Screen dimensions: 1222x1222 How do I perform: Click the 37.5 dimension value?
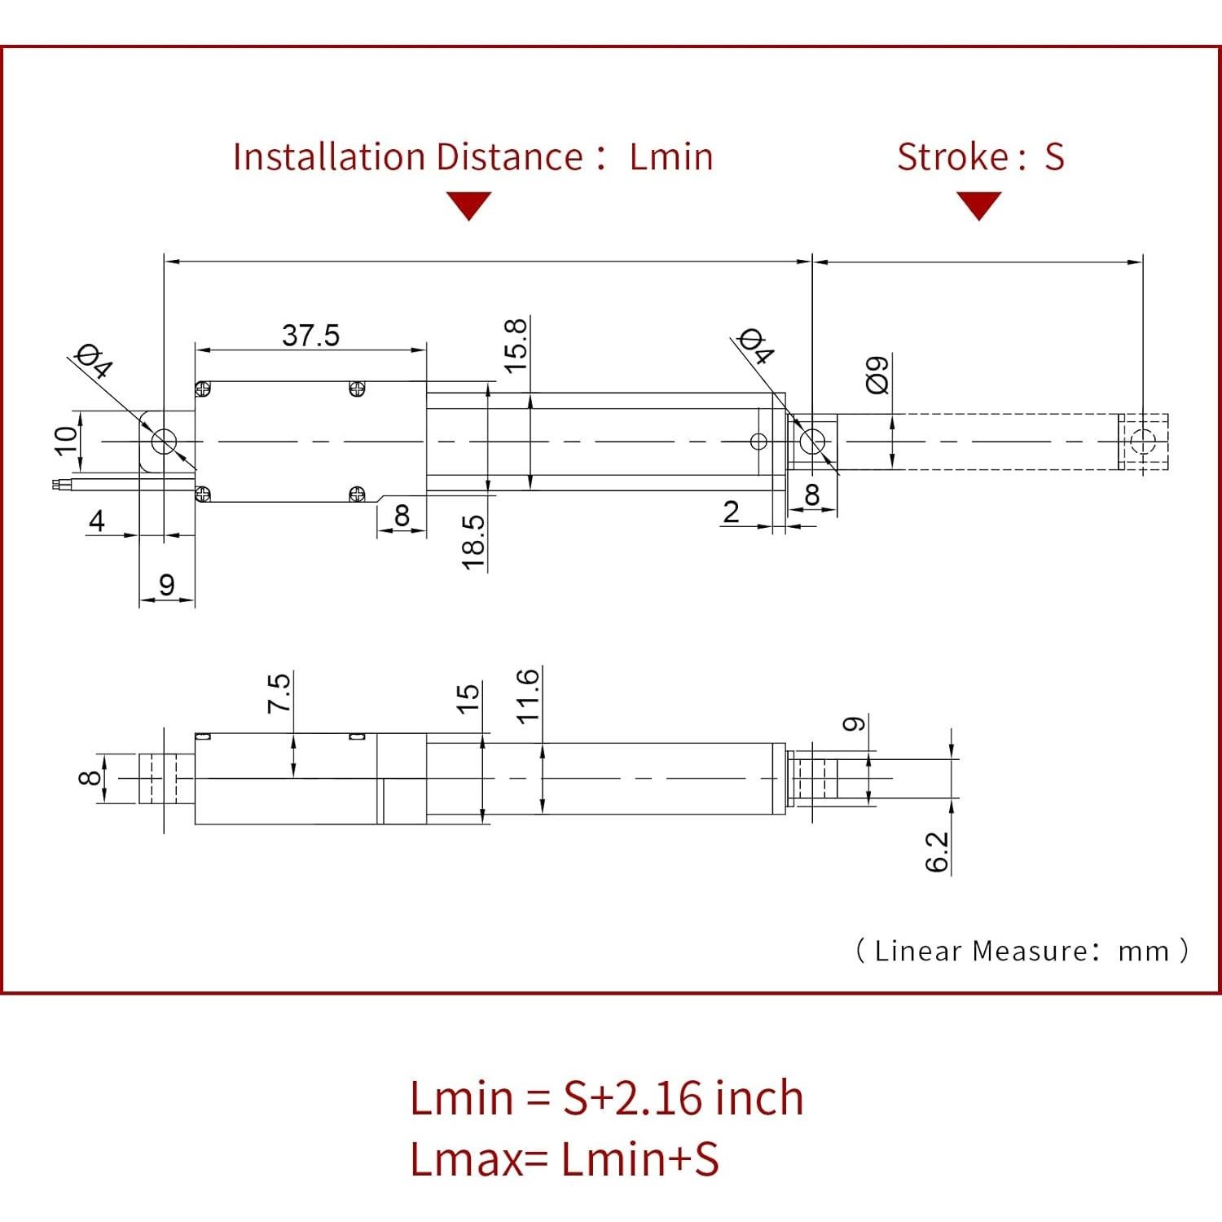click(310, 335)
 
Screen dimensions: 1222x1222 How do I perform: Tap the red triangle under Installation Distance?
click(469, 204)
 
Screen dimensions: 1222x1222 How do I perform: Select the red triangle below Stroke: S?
click(978, 204)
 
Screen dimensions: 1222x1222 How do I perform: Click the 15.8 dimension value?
click(516, 345)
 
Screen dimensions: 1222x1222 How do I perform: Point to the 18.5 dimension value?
click(473, 542)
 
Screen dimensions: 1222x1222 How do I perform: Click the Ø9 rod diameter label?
click(877, 374)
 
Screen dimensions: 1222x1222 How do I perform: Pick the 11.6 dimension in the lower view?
click(528, 695)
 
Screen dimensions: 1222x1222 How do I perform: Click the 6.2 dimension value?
click(938, 851)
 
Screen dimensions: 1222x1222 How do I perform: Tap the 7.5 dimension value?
click(279, 692)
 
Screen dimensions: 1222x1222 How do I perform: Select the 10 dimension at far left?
click(67, 439)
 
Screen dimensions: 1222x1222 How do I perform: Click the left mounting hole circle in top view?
click(164, 442)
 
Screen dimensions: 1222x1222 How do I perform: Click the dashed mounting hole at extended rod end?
click(1143, 442)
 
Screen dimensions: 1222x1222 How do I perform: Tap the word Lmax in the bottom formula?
click(465, 1158)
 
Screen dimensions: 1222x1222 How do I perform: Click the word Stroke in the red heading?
click(941, 156)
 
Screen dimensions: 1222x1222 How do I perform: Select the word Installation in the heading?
click(328, 156)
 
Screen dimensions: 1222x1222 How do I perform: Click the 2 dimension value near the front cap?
click(731, 512)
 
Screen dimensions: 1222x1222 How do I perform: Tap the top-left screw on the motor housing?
click(204, 389)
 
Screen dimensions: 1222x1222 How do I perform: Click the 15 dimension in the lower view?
click(468, 698)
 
